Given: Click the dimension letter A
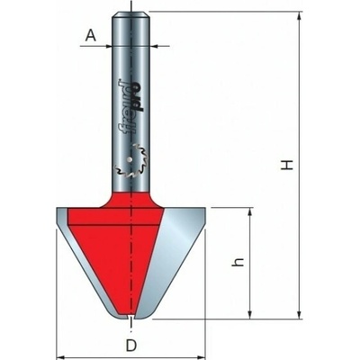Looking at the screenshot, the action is coord(91,36).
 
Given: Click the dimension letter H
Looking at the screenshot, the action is coord(287,166).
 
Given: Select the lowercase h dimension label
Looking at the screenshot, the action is coord(238,263).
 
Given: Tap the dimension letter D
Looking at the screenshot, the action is coord(131,346).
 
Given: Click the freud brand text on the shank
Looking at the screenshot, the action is coord(131,105).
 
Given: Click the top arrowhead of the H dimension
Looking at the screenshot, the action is coord(299,16).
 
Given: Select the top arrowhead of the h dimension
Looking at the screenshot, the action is coord(249,211).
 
